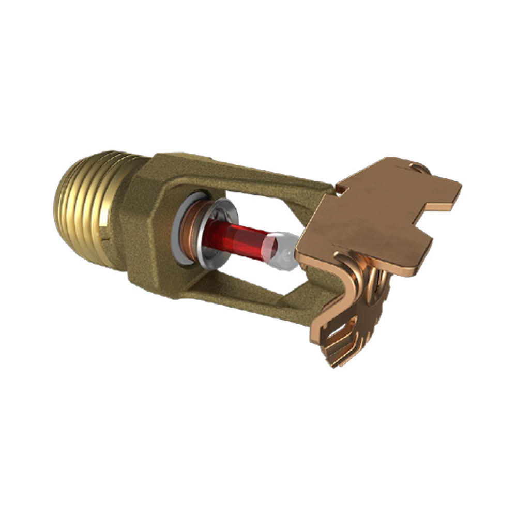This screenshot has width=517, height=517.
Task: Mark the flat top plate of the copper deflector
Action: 372,217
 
